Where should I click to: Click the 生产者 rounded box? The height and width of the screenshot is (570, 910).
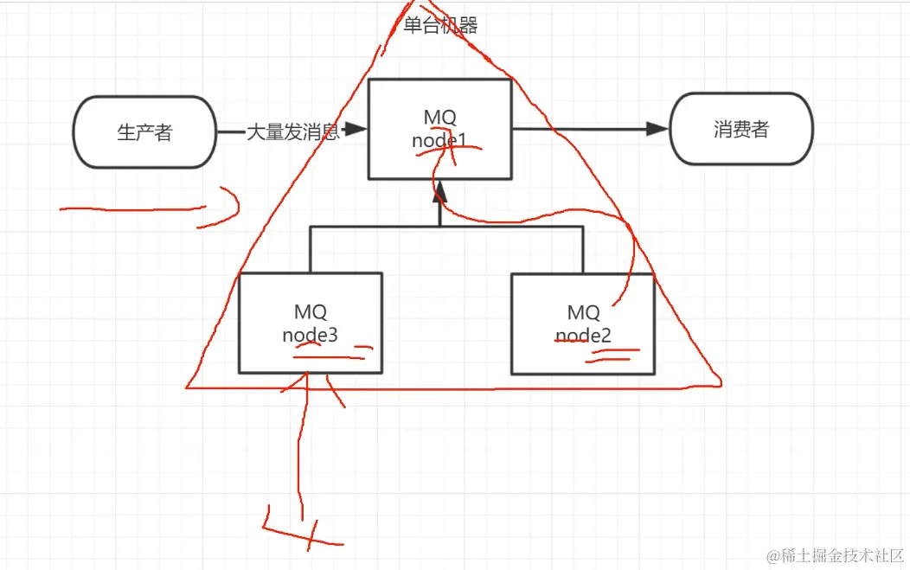(x=144, y=131)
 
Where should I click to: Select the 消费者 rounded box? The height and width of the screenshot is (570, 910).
(x=741, y=130)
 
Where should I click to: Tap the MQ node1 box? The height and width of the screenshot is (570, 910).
(x=439, y=129)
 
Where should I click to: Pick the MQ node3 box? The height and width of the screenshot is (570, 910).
(x=310, y=323)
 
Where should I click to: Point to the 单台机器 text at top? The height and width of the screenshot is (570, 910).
(x=440, y=25)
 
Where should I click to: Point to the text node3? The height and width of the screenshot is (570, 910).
(x=310, y=335)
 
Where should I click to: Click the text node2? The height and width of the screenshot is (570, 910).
(x=583, y=335)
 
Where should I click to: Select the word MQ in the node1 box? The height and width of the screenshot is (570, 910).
(x=439, y=117)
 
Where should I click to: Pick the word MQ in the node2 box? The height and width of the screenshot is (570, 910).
(x=583, y=312)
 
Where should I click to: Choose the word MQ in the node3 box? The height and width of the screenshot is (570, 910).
(x=310, y=311)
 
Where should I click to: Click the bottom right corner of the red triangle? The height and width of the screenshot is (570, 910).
(x=717, y=381)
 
